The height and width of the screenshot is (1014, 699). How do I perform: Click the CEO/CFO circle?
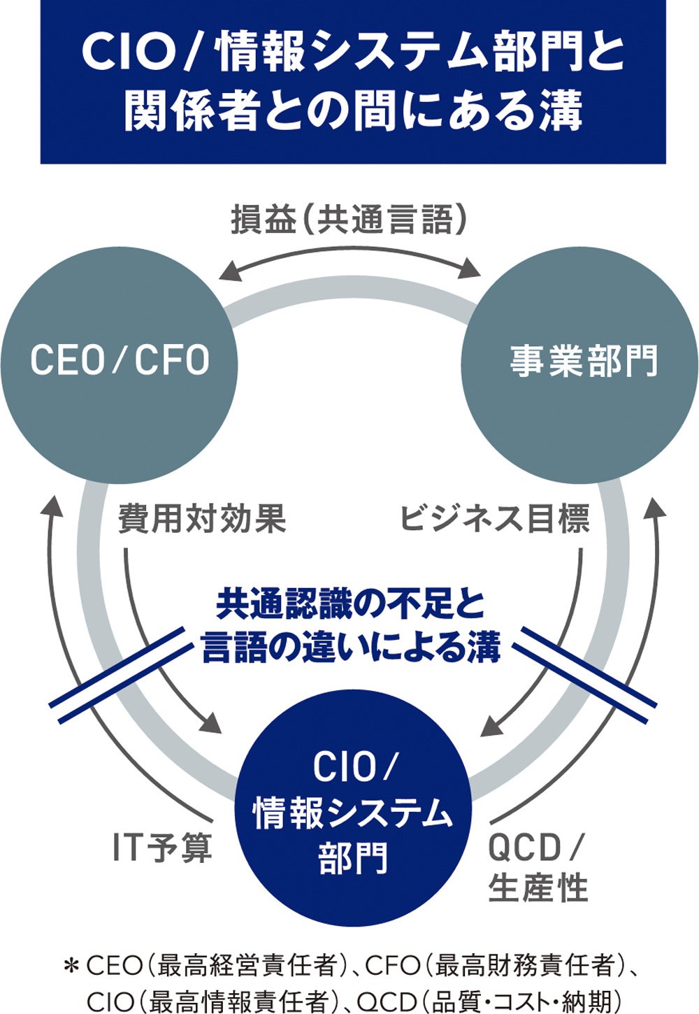tap(119, 364)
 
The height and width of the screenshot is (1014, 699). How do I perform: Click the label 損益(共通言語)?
tap(349, 221)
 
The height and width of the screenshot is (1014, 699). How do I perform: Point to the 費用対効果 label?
tap(202, 519)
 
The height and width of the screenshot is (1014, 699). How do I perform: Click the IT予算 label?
tap(162, 848)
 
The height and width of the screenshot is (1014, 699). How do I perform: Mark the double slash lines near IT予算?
tap(119, 675)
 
